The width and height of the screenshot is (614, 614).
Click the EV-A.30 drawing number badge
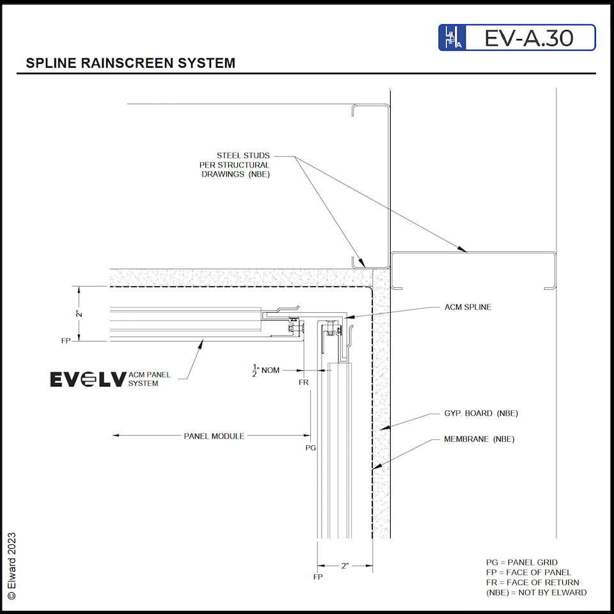tap(517, 38)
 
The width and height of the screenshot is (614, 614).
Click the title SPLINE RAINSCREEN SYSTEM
tap(130, 63)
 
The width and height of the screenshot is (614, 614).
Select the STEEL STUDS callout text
tap(243, 164)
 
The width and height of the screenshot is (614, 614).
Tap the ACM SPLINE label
tap(468, 307)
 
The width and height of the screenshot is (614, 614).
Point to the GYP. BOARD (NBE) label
tap(481, 413)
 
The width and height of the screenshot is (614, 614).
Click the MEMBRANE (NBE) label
tap(479, 439)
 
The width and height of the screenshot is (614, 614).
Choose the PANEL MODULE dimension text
tap(214, 436)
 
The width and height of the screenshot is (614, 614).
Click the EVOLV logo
tap(88, 379)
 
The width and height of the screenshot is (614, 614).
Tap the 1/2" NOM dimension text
tap(267, 370)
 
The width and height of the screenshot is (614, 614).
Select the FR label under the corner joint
tap(304, 383)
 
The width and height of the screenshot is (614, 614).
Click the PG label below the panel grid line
tap(311, 448)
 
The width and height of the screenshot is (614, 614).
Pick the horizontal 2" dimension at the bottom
tap(345, 566)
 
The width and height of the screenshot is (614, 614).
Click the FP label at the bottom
tap(318, 577)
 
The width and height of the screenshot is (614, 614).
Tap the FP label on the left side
tap(66, 341)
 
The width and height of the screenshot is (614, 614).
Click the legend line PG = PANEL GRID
tap(521, 563)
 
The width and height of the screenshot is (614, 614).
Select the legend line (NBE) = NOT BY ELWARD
tap(536, 592)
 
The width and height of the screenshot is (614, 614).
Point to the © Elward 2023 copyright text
tap(11, 565)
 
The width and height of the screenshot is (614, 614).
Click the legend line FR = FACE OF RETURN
tap(532, 582)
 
